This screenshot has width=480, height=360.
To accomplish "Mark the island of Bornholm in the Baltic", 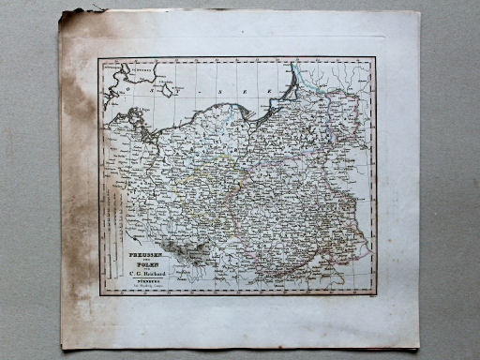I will pos(167,88).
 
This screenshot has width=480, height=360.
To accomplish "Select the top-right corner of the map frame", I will pos(375,58).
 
